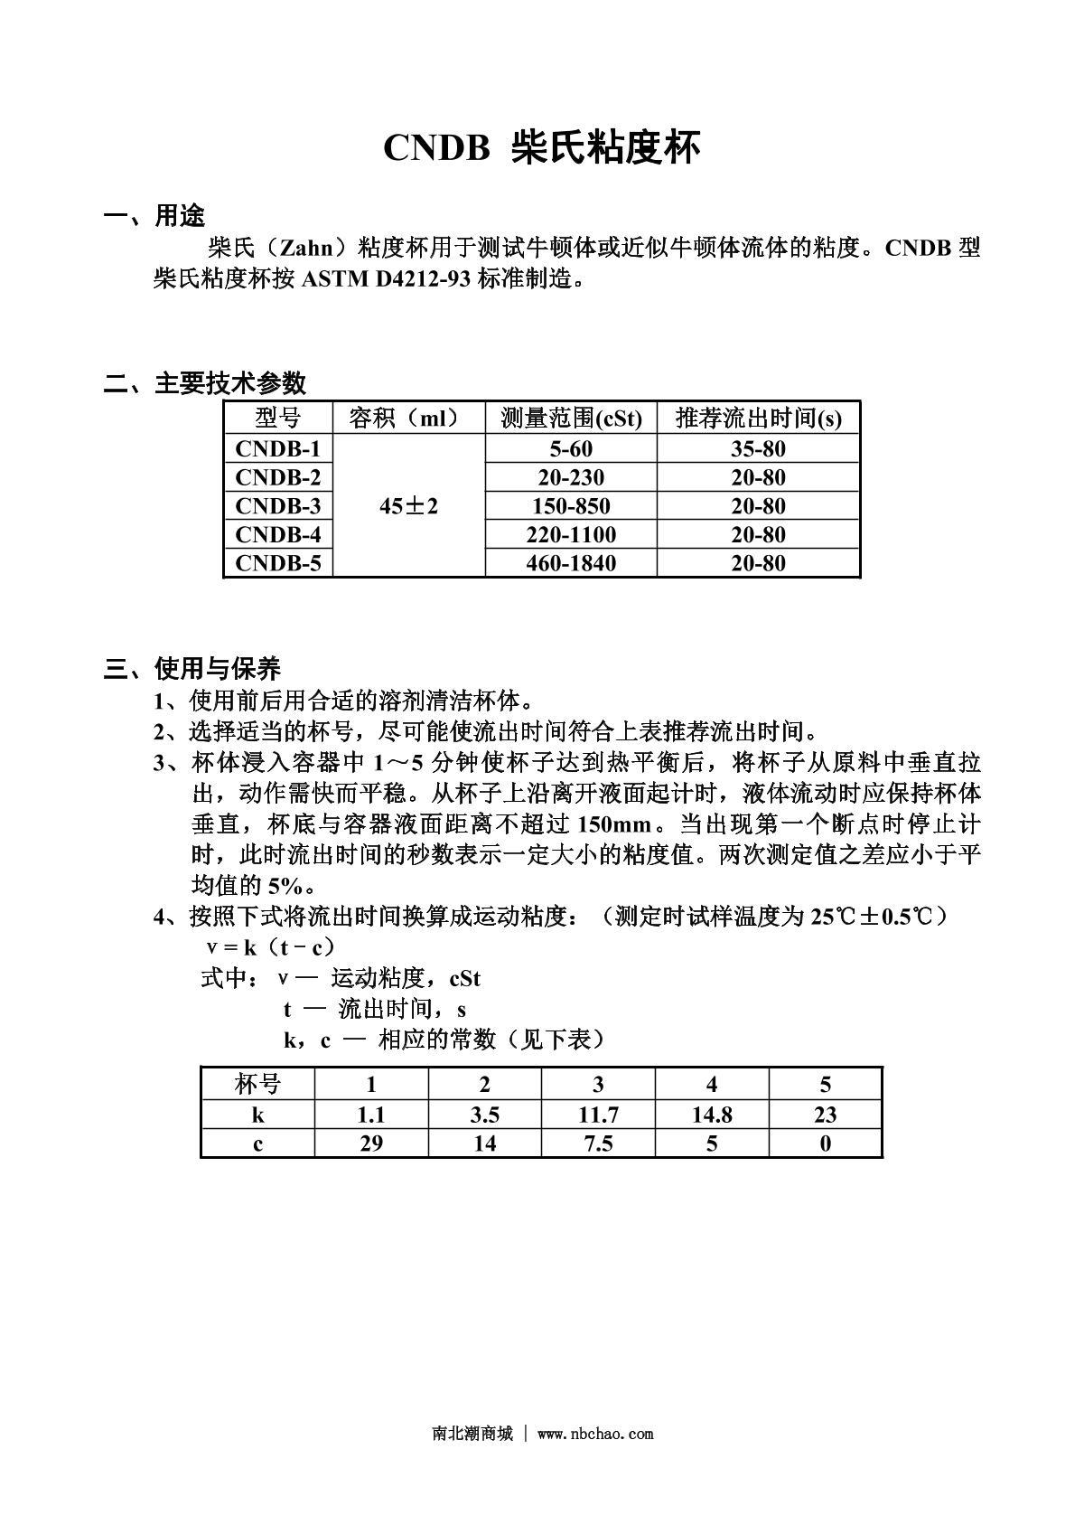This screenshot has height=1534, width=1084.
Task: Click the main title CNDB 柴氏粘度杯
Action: (x=541, y=148)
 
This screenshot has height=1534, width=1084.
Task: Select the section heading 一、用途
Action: (x=154, y=216)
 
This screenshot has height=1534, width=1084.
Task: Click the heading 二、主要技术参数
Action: (x=205, y=383)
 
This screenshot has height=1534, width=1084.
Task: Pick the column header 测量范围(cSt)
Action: (x=571, y=418)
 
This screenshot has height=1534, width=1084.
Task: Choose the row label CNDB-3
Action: (x=277, y=505)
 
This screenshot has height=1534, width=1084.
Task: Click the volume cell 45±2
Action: (x=408, y=506)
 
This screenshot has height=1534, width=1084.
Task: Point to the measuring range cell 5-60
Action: (x=571, y=448)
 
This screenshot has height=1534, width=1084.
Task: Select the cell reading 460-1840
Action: (x=571, y=563)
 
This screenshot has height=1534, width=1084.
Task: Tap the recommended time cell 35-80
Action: (x=758, y=448)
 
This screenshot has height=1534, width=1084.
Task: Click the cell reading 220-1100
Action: (x=571, y=534)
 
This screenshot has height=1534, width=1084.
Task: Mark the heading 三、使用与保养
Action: (x=192, y=669)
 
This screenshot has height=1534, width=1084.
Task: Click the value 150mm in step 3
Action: (x=612, y=824)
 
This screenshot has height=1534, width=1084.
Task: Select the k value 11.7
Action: (x=598, y=1115)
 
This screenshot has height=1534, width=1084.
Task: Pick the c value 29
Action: (x=371, y=1143)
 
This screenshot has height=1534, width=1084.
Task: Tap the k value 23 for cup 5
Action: (x=825, y=1115)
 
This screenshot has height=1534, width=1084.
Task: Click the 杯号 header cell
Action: (x=257, y=1085)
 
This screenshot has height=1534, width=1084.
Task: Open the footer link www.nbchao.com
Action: (x=594, y=1434)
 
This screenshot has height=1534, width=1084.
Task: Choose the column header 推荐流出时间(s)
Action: (x=758, y=418)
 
